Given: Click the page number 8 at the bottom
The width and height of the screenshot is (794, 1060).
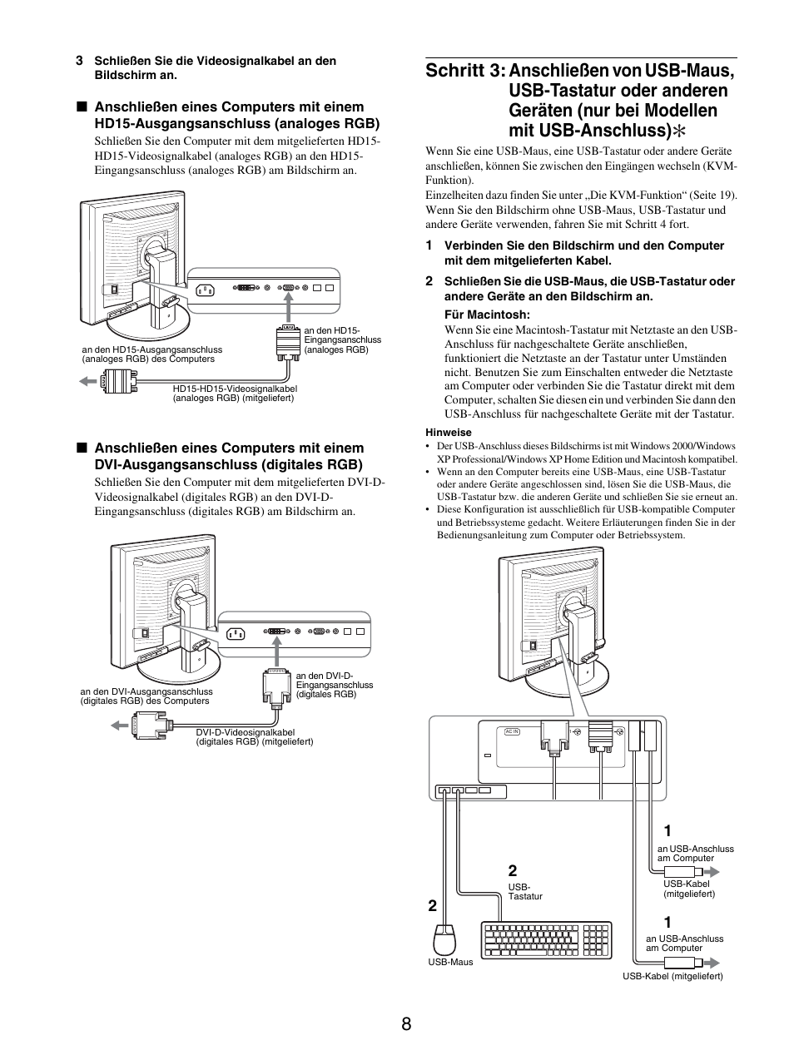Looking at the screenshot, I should [405, 1024].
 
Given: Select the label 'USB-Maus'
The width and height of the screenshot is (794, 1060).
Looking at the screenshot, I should [450, 962].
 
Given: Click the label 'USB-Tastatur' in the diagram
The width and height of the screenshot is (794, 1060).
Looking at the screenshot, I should [525, 892].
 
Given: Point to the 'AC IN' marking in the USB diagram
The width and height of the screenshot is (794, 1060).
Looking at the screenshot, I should [512, 731].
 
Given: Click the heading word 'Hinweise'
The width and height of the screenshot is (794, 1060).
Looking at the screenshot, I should [448, 433].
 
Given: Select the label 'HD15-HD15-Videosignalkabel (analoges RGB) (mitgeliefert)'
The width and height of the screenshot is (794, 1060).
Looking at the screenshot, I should [235, 393].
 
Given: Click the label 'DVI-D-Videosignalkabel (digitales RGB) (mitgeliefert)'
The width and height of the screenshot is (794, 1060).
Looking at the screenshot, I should [254, 736].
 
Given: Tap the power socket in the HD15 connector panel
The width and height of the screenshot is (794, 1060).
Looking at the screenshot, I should [205, 290].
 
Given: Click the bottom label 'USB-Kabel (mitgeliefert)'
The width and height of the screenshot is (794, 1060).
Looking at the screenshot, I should [672, 976].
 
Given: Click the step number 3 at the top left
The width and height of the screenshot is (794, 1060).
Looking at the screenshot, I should [79, 61].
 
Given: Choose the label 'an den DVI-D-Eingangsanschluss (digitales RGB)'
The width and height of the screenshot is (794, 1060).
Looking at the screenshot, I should [335, 685].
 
